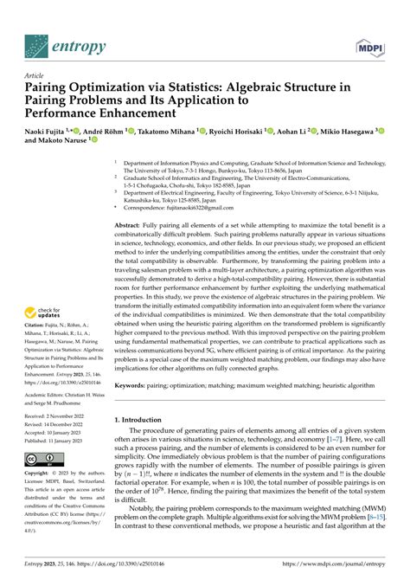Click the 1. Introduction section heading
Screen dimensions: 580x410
pyautogui.click(x=145, y=419)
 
